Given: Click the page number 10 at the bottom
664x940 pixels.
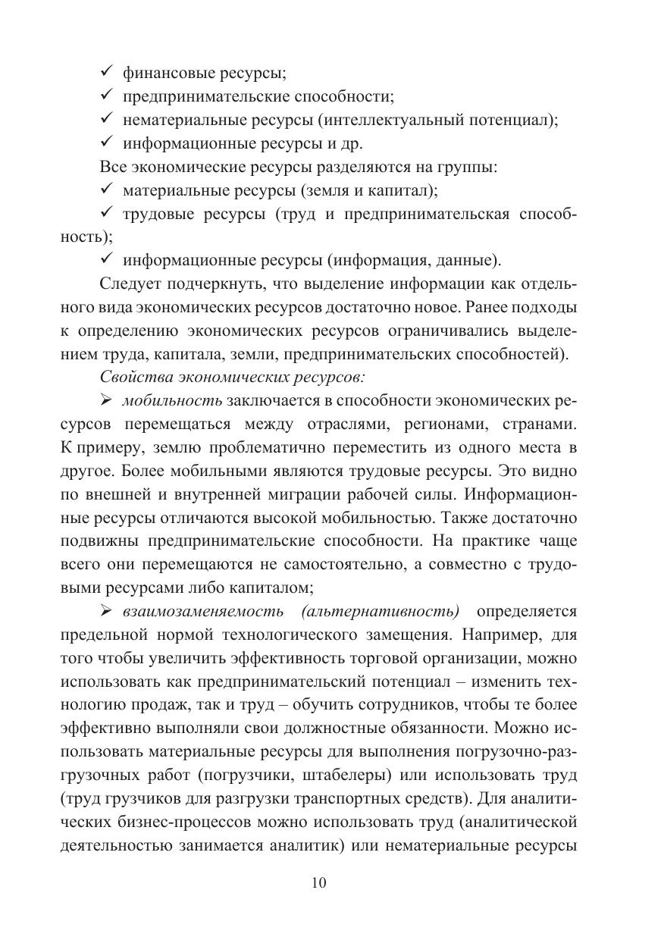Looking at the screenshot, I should (x=318, y=883).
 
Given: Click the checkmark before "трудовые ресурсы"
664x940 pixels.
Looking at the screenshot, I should (x=107, y=215).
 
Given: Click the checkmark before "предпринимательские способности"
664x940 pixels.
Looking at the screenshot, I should (x=107, y=97).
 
